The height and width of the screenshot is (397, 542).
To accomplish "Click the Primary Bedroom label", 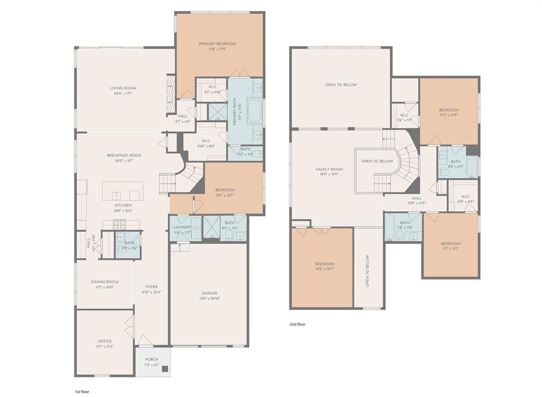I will click(217, 44).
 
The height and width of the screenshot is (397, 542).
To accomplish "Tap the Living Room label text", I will click(123, 88).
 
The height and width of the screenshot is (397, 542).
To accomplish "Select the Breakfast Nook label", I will click(124, 155).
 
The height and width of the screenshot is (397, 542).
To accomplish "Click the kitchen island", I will click(122, 190).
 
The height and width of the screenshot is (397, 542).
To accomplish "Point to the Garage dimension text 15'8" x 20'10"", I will click(209, 299).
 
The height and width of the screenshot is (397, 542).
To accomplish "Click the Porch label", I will click(151, 359).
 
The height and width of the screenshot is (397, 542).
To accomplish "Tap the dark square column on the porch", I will click(165, 369).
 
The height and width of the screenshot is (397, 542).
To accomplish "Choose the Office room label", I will click(104, 341).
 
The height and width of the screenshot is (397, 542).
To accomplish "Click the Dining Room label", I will click(105, 282).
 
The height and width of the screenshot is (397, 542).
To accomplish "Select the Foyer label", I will click(151, 287).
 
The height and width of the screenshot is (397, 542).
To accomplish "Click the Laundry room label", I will click(182, 227).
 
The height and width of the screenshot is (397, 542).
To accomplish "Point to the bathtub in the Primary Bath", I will click(254, 111).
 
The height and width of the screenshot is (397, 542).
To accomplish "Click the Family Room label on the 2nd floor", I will click(329, 170).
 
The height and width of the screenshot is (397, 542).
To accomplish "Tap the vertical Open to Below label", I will click(367, 271).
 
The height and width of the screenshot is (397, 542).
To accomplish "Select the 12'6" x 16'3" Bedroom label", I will click(324, 264).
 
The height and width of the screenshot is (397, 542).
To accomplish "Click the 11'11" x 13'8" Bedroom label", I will click(449, 110).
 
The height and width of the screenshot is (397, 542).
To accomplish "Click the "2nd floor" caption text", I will click(297, 325).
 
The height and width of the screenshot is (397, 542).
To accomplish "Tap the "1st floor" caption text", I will click(82, 391).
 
